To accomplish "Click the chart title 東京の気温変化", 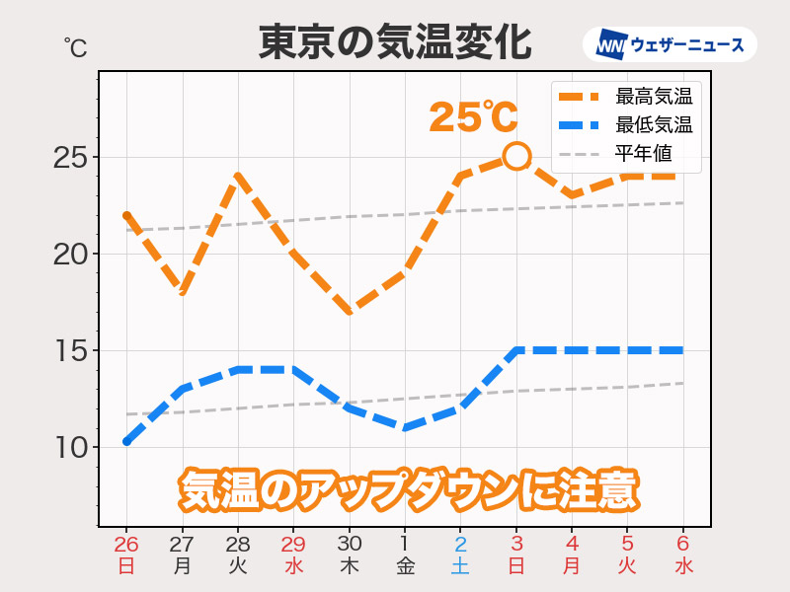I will (395, 43).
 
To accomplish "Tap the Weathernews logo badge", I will (671, 44).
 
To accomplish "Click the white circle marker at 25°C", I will (516, 156).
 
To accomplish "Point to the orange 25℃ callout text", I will (473, 117).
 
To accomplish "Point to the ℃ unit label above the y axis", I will (75, 46).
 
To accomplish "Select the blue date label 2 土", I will (460, 555).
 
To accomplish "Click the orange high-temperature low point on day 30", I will (350, 311).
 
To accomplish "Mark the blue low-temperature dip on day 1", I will (405, 427).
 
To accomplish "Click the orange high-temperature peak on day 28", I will (238, 177).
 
